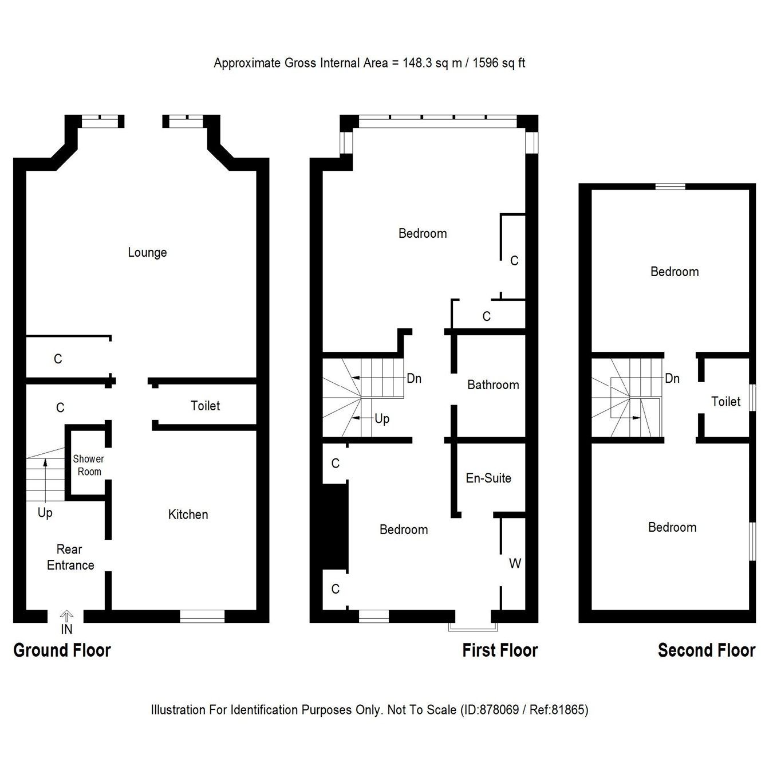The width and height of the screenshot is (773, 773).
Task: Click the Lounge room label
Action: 147,253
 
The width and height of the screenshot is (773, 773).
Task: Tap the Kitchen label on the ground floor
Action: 188,515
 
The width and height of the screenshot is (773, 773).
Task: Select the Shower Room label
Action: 88,465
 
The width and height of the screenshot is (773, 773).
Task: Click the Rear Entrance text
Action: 70,558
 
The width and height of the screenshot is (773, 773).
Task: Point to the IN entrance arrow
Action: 67,617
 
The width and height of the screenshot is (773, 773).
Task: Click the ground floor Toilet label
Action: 205,406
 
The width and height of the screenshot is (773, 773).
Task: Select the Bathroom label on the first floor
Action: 493,385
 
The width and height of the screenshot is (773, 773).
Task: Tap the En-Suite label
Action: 488,478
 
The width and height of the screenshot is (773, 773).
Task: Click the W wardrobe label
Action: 515,564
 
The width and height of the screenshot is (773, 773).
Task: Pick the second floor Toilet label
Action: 725,402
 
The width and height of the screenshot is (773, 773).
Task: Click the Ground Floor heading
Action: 62,650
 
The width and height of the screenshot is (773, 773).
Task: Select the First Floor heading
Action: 500,650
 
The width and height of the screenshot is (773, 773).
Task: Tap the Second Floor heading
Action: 706,650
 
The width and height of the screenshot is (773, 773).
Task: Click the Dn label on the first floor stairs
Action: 413,379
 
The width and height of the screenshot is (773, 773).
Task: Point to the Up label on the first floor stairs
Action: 382,419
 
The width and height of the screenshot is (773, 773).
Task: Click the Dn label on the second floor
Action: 672,379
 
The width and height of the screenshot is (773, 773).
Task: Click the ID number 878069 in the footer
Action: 498,710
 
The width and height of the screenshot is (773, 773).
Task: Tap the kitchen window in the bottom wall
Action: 202,616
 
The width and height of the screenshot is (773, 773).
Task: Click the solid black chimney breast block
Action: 336,527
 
